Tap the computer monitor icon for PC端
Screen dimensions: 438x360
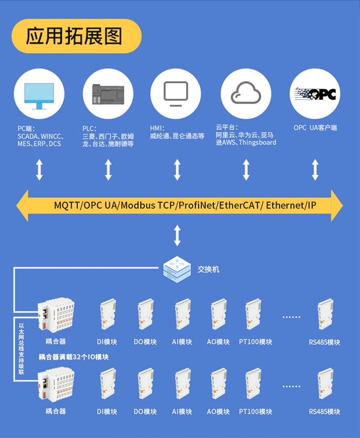39,95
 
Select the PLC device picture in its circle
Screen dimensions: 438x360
108,95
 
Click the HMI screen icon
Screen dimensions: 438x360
176,94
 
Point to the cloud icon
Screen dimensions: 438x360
246,94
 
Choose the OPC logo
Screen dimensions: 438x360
315,94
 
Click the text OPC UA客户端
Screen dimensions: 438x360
315,128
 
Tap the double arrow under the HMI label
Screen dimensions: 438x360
177,170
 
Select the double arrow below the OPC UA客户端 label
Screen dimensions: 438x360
315,170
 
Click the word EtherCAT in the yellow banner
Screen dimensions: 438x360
240,205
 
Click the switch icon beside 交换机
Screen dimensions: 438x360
177,268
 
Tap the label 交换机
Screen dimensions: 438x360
208,269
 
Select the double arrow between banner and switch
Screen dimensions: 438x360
177,235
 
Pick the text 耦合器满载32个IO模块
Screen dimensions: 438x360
73,356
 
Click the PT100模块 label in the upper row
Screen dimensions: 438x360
256,342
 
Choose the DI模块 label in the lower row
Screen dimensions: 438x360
107,411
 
